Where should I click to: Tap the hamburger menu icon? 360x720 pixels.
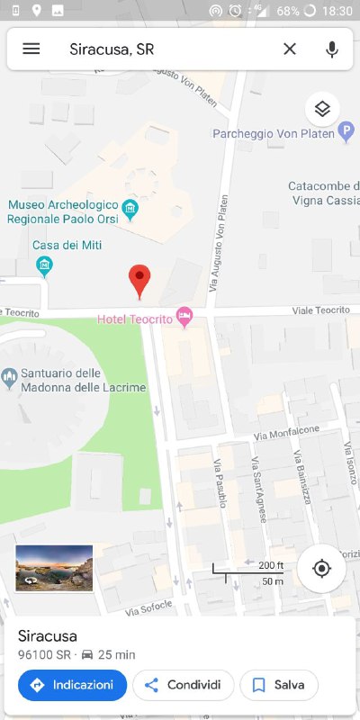pos(31,49)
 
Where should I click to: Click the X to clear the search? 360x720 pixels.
pos(290,49)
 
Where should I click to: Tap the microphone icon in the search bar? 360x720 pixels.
pos(332,49)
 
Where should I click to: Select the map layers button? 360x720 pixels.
pos(322,109)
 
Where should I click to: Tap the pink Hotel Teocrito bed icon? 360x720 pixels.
pos(184,317)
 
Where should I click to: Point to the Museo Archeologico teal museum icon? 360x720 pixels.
pos(130,211)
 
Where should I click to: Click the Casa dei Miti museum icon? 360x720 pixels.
pos(43,265)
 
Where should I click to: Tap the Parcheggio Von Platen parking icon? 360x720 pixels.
pos(346,133)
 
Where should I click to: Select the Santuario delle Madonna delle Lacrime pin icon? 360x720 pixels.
pos(10,376)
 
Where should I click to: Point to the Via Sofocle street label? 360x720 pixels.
pos(148,607)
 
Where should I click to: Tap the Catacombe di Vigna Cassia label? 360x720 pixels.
pos(323,193)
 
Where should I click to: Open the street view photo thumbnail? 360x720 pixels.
pos(54,568)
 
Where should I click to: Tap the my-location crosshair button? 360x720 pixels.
pos(321,568)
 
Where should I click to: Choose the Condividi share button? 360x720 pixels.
pos(184,685)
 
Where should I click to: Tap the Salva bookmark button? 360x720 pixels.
pos(278,685)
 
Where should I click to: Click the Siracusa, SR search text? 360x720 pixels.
pos(112,49)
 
